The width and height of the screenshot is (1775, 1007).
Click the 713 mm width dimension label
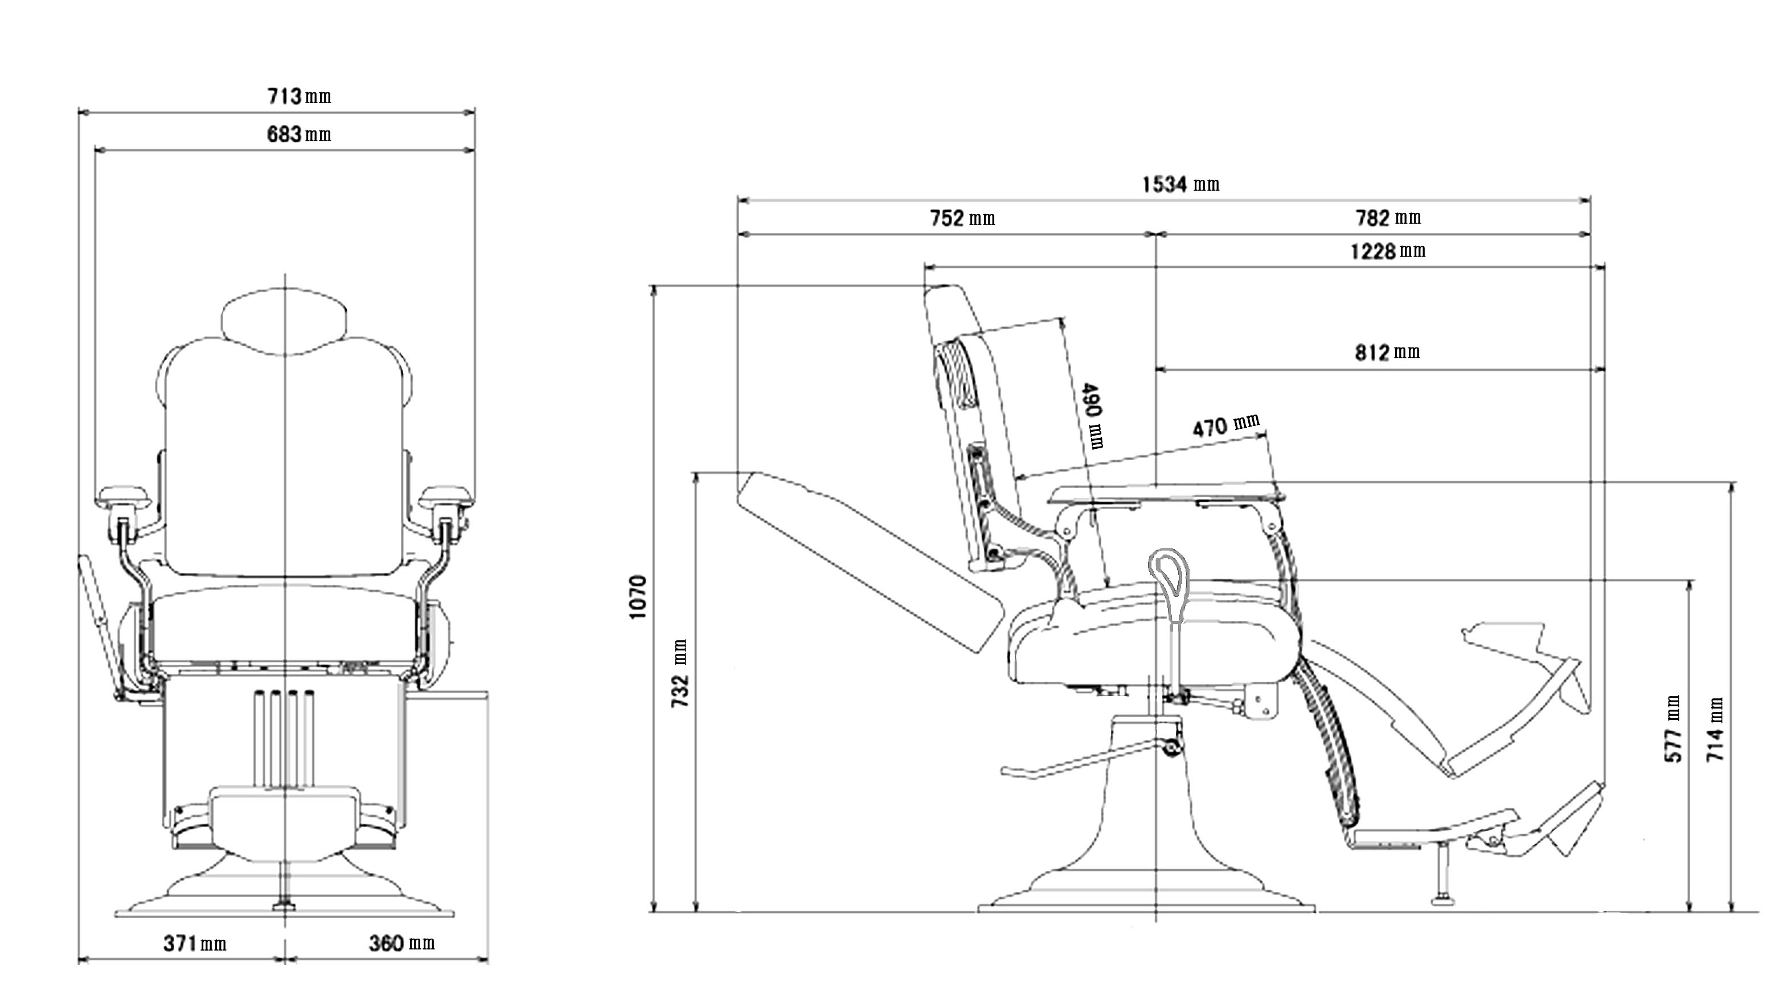point(300,96)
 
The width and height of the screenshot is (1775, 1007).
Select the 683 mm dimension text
point(300,134)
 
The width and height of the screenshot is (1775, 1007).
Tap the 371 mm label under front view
point(195,943)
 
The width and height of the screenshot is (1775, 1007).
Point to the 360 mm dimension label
point(401,943)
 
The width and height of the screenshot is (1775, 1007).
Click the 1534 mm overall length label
point(1180,185)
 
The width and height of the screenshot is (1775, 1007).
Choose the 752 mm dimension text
point(962,219)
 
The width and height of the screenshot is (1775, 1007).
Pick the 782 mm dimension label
point(1388,218)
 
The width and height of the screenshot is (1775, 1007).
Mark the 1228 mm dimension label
point(1388,251)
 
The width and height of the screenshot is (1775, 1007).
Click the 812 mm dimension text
point(1387,353)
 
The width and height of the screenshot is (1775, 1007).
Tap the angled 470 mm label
point(1226,425)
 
